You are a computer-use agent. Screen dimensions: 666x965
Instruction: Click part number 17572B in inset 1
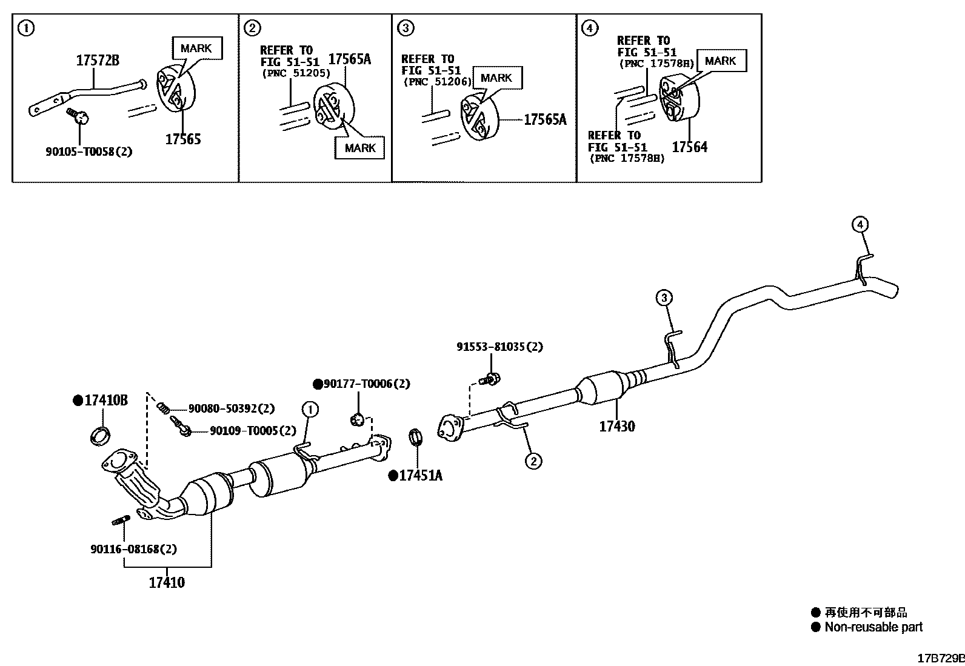point(97,61)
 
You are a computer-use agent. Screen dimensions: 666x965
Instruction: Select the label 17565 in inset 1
point(183,139)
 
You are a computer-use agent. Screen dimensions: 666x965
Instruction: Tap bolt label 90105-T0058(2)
point(88,152)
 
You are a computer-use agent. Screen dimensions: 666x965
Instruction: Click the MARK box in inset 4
point(721,61)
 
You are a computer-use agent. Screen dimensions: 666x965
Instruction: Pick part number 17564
point(689,147)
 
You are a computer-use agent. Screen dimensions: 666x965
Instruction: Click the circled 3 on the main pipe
point(664,298)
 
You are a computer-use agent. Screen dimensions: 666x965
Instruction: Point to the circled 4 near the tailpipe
point(860,225)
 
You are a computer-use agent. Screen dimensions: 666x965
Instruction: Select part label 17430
point(617,427)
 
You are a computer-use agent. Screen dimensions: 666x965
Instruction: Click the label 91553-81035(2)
point(499,347)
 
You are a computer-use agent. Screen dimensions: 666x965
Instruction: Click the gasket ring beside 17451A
point(415,436)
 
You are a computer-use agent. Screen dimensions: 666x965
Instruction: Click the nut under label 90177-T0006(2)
point(357,418)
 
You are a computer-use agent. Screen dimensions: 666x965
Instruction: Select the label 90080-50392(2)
point(231,409)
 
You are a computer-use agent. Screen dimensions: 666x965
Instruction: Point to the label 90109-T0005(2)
point(253,431)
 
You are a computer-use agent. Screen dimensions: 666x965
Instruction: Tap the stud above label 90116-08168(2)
point(119,520)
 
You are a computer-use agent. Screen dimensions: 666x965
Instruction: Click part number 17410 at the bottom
point(167,583)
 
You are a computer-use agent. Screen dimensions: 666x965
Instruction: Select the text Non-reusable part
point(873,627)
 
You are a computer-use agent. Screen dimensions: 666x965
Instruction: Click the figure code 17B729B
point(940,658)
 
